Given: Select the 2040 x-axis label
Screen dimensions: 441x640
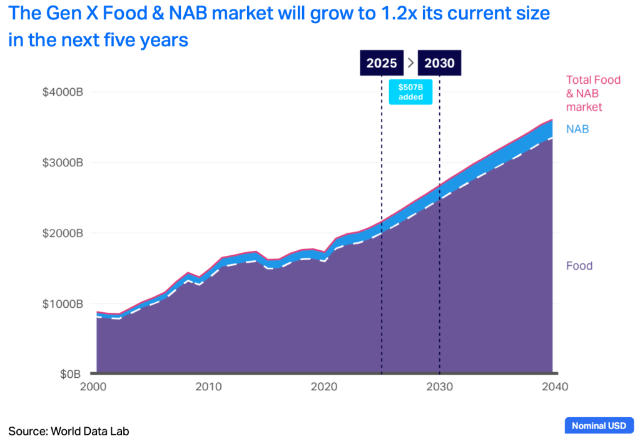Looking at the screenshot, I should (553, 387).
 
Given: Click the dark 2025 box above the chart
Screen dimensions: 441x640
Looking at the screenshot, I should (382, 63).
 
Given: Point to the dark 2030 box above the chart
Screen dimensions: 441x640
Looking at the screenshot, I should (439, 63).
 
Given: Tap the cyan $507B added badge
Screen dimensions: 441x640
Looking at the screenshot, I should (410, 92).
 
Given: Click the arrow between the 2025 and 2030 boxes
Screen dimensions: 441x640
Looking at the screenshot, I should (410, 63).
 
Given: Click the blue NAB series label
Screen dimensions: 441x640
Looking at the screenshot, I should (577, 129).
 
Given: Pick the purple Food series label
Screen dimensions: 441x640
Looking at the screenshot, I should (579, 266).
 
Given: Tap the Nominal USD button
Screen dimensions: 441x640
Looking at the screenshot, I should (599, 425).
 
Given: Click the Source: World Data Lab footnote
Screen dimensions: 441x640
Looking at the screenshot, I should (69, 430).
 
